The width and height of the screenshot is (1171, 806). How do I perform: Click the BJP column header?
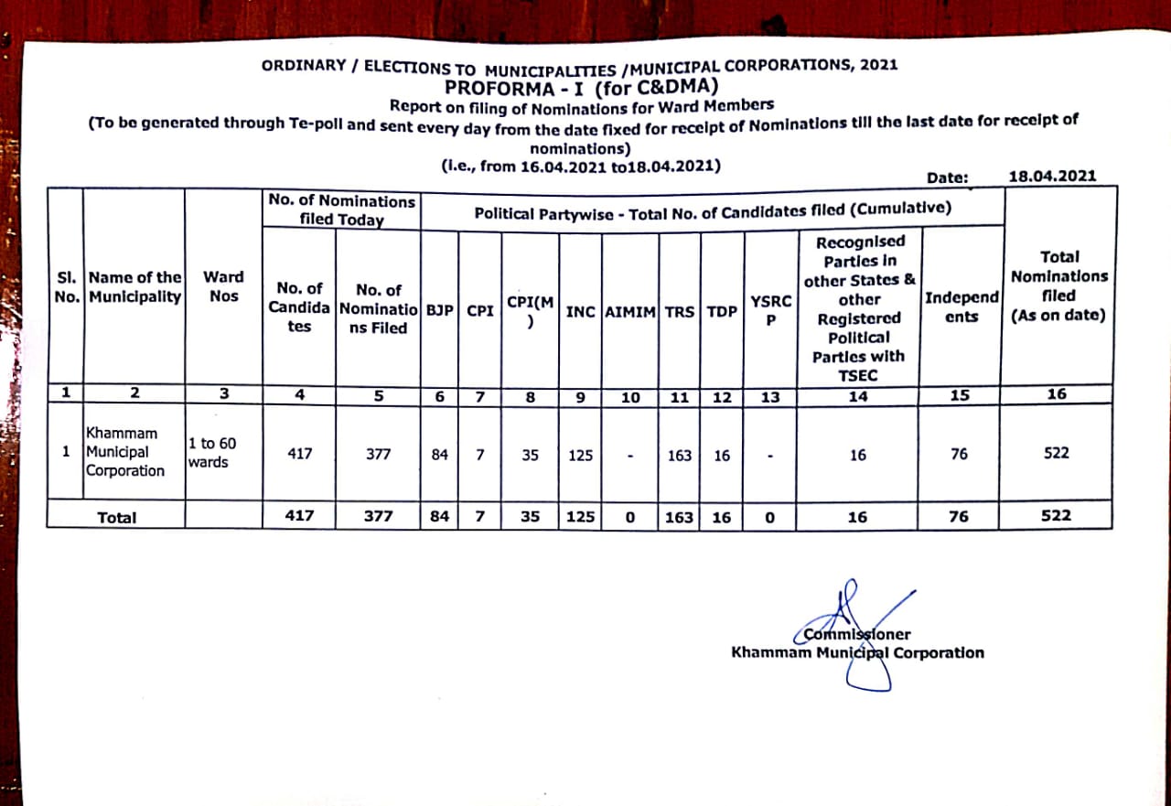(x=440, y=310)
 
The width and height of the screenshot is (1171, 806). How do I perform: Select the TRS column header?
(x=679, y=311)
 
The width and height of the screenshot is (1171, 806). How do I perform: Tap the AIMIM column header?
(x=630, y=311)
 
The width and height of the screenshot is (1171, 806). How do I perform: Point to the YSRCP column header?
(x=770, y=309)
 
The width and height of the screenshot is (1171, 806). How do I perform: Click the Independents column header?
(x=962, y=307)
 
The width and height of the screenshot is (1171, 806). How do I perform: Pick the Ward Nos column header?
(x=223, y=286)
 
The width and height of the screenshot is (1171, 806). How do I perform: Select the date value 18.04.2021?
(x=1051, y=177)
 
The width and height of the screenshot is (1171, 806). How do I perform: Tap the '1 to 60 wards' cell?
(x=211, y=452)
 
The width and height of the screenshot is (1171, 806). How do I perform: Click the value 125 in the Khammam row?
(x=580, y=455)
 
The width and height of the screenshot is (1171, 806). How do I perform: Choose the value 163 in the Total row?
(x=679, y=517)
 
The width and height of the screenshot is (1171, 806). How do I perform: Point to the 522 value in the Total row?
(x=1056, y=515)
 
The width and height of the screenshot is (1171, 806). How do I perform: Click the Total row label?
(x=117, y=518)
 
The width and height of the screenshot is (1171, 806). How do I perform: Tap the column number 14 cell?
(x=857, y=396)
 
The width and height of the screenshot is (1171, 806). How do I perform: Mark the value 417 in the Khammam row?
(x=299, y=454)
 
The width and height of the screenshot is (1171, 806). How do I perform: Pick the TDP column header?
(x=722, y=311)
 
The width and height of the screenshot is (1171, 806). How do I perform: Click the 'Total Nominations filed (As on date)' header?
(x=1058, y=286)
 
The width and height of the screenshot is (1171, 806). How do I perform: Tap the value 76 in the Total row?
(x=959, y=516)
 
